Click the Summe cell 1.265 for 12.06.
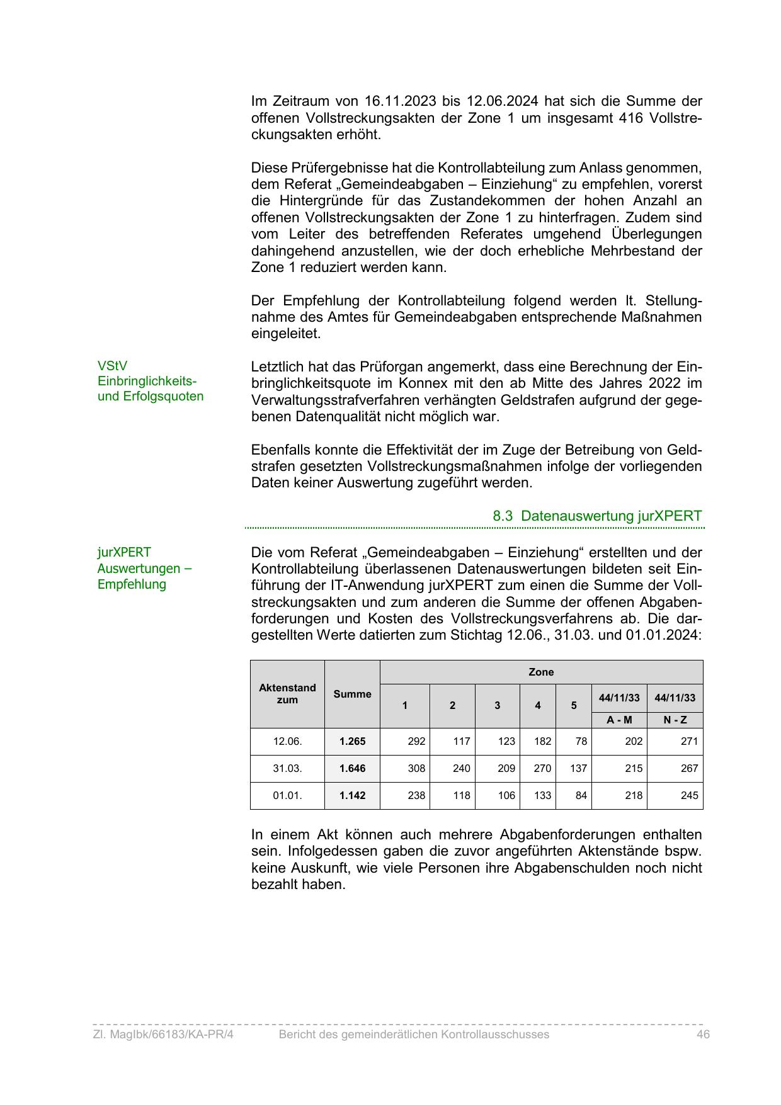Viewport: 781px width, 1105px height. tap(352, 742)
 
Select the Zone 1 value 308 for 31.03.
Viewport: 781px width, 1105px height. tap(416, 769)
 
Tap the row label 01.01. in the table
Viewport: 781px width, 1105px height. tap(287, 796)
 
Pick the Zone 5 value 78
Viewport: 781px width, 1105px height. tap(581, 742)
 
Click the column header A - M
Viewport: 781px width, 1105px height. tap(619, 720)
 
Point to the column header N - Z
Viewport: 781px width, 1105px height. tap(675, 720)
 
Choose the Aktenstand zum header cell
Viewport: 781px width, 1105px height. tap(287, 694)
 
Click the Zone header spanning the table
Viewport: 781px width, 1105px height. tap(541, 672)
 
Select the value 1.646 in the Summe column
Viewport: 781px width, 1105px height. tap(352, 769)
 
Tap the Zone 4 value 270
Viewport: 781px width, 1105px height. tap(542, 769)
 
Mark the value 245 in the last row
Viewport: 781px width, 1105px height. tap(689, 796)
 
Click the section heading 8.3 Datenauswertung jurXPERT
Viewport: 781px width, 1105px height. tap(596, 516)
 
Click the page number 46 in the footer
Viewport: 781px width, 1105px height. tap(703, 1034)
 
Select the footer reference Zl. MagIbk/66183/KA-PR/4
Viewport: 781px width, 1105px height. tap(163, 1034)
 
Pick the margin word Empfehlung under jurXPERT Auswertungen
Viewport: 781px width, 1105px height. tap(132, 584)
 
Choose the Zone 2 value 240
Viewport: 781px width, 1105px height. tap(461, 769)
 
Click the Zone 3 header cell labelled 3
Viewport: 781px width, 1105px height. tap(497, 706)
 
